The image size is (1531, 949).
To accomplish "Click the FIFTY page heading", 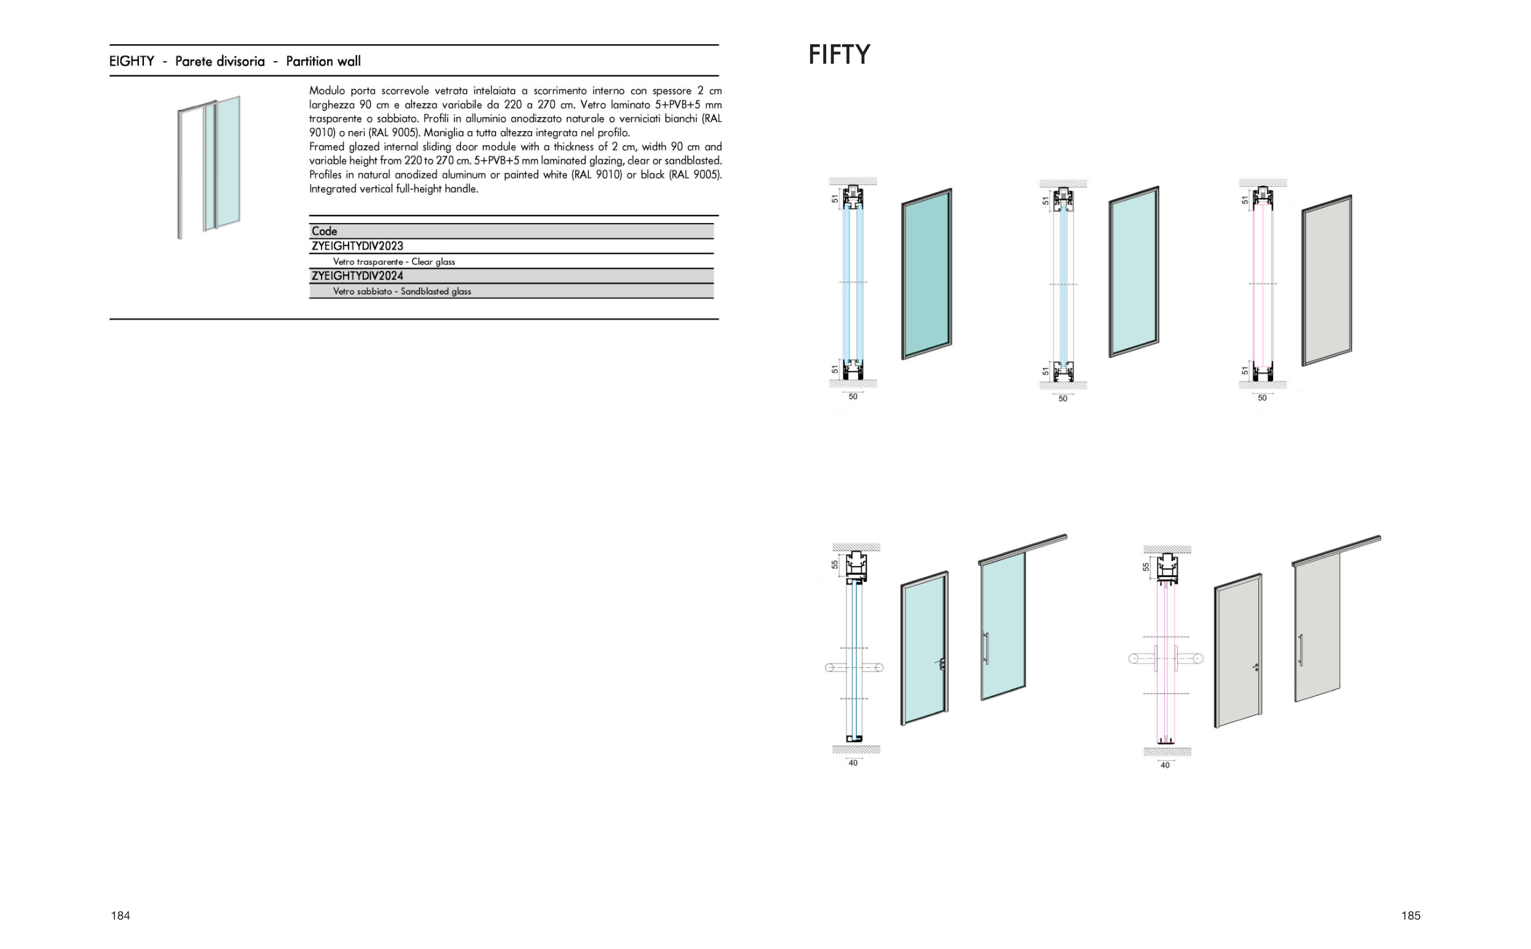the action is pyautogui.click(x=838, y=55).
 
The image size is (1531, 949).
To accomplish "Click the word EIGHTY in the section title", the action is pyautogui.click(x=132, y=61).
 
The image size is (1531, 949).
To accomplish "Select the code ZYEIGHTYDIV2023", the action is pyautogui.click(x=358, y=246).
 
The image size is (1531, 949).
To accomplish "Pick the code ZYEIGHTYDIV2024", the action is pyautogui.click(x=358, y=276).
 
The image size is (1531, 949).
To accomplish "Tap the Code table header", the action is pyautogui.click(x=324, y=231).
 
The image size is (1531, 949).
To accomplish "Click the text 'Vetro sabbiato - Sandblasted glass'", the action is pyautogui.click(x=402, y=291).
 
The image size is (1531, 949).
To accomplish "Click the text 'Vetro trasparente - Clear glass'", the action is pyautogui.click(x=394, y=262).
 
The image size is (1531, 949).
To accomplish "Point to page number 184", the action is pyautogui.click(x=121, y=916).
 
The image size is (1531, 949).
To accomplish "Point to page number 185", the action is pyautogui.click(x=1410, y=916).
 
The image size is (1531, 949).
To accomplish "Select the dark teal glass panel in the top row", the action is pyautogui.click(x=927, y=274).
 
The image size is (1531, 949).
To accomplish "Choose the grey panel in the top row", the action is pyautogui.click(x=1326, y=280).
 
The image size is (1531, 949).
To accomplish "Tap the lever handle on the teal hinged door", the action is pyautogui.click(x=941, y=664).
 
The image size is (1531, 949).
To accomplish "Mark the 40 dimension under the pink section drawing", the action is pyautogui.click(x=1165, y=765).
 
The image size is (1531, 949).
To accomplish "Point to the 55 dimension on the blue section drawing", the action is pyautogui.click(x=835, y=564).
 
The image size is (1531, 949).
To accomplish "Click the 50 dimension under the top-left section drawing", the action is pyautogui.click(x=853, y=396).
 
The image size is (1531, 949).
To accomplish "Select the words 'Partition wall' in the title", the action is pyautogui.click(x=323, y=61).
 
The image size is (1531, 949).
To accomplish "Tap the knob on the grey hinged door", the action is pyautogui.click(x=1255, y=667).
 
